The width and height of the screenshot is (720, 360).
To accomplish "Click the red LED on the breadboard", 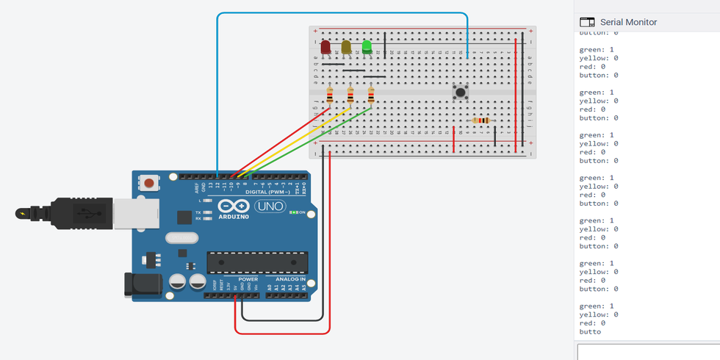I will click(x=325, y=47).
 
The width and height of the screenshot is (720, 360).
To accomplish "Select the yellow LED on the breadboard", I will click(x=346, y=47).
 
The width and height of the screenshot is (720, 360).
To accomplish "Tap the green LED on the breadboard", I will click(x=367, y=47).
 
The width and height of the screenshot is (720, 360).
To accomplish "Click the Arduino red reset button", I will click(x=149, y=182).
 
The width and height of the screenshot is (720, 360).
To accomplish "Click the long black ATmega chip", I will click(x=256, y=262).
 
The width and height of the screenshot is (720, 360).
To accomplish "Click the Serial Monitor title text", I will click(x=628, y=22).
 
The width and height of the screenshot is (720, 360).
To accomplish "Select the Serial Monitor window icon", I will click(x=586, y=22).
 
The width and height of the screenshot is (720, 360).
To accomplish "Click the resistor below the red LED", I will click(x=331, y=96).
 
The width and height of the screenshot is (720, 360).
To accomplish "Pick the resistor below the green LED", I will click(x=371, y=96).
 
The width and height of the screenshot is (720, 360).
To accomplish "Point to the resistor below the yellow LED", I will click(x=350, y=96).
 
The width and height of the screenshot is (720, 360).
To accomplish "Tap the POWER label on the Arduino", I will click(x=248, y=279).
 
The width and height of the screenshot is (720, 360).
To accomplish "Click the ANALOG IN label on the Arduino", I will click(x=291, y=279).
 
